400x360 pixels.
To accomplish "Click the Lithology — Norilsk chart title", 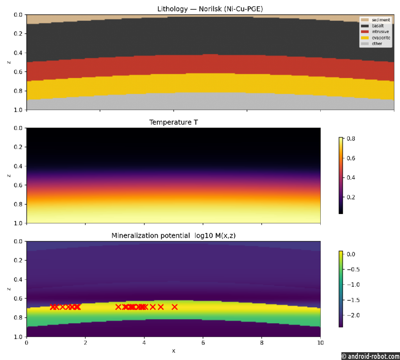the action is click(210, 9).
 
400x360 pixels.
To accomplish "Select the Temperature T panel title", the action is click(173, 122).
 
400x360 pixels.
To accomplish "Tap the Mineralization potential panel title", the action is click(173, 235).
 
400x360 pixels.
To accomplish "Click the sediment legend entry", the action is click(375, 20).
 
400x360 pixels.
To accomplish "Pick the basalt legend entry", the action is click(372, 26).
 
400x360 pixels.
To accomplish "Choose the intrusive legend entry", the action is click(375, 32).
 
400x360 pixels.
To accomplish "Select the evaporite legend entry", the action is click(375, 38).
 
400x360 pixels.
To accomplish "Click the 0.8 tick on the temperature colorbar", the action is click(351, 139).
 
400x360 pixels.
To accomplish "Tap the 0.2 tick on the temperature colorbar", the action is click(351, 197).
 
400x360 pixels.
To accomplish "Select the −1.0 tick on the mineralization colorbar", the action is click(353, 285).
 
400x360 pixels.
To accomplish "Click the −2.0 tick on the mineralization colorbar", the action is click(353, 315).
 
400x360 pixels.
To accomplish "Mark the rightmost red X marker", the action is click(175, 307).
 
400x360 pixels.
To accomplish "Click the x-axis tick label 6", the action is click(203, 343).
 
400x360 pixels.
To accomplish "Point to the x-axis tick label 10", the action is click(320, 343).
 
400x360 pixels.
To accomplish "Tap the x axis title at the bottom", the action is click(173, 351).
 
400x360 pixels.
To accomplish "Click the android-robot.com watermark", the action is click(371, 356).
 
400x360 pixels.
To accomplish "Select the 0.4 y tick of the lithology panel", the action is click(18, 53).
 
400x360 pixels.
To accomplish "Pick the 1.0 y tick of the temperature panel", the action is click(18, 223).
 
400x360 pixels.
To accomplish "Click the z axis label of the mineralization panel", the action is click(9, 289).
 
